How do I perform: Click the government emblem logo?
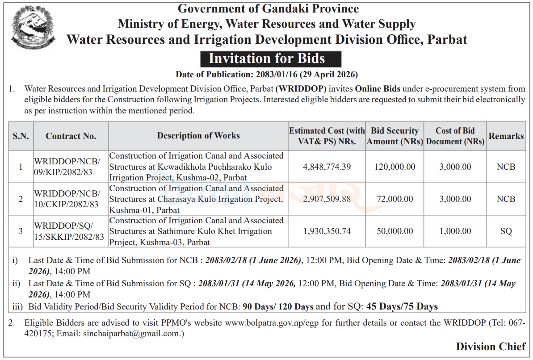click(x=33, y=27)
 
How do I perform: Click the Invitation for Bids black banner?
click(x=271, y=59)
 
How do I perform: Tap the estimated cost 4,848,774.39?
click(x=327, y=167)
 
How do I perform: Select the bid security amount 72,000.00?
click(x=395, y=199)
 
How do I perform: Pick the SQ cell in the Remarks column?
click(x=506, y=231)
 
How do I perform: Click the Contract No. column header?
click(x=71, y=136)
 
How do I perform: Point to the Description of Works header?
click(x=198, y=136)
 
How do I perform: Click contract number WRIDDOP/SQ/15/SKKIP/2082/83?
click(x=69, y=231)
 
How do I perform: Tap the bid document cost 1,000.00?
click(x=455, y=231)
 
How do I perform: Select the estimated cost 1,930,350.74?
click(x=327, y=231)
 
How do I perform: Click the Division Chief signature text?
click(x=491, y=347)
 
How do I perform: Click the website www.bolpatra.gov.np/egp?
click(x=272, y=323)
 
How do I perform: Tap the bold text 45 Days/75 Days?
click(x=402, y=307)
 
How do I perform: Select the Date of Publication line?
click(x=266, y=75)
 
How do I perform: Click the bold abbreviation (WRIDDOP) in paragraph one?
click(x=301, y=89)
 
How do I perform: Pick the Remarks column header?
click(x=506, y=136)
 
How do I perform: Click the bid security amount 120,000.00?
click(x=395, y=167)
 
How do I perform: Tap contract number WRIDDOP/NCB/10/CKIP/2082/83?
click(x=67, y=199)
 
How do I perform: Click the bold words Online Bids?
click(x=378, y=89)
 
